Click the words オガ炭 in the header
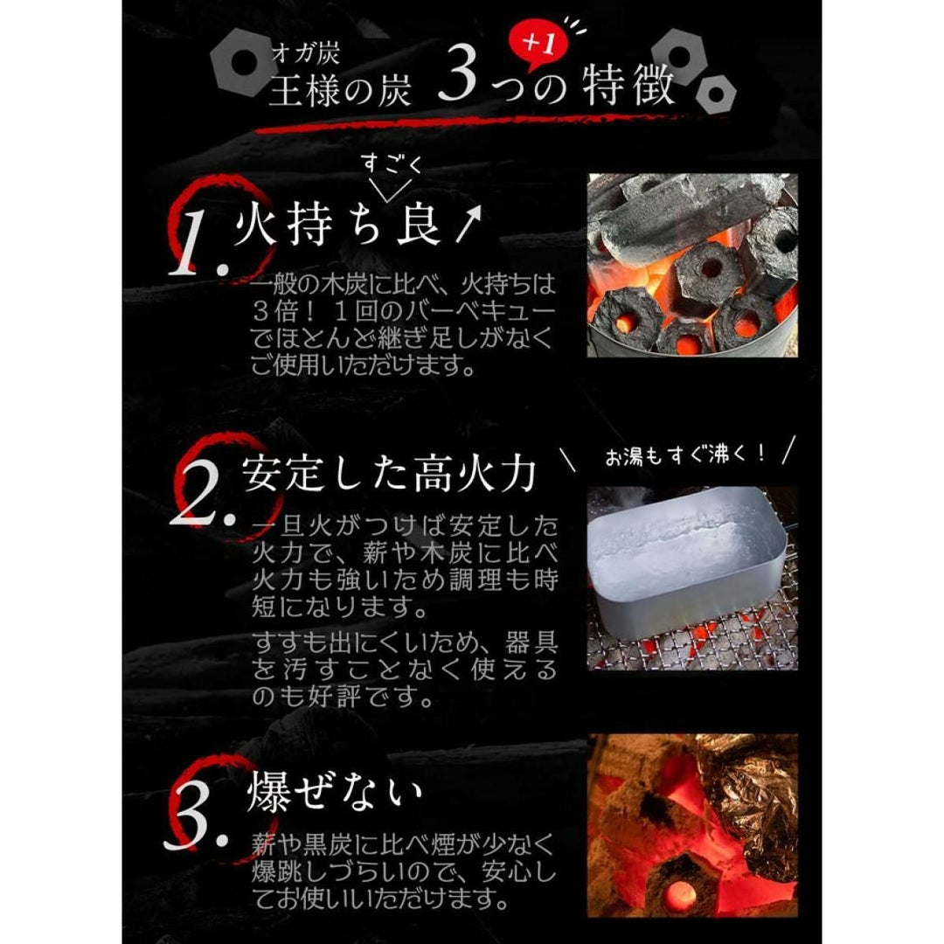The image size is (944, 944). coord(306,53)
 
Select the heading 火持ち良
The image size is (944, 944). coord(339,226)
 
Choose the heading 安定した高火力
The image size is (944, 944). coord(389,473)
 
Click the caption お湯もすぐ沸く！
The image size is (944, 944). coord(686,455)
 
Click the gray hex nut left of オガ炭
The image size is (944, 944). coord(243,62)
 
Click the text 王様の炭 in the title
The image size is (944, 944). coord(340,91)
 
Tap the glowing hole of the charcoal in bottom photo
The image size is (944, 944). coord(680,895)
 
